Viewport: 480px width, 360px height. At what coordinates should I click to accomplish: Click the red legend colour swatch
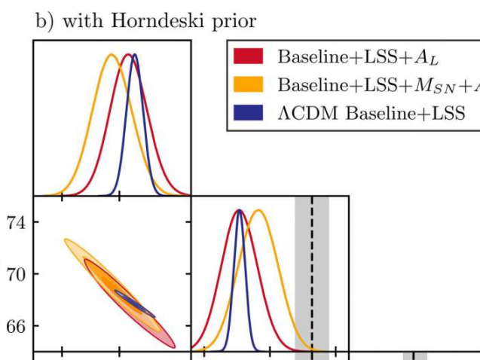249,56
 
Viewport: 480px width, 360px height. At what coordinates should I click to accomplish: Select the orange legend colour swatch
249,84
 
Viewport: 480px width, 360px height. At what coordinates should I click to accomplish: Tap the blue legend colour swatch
249,112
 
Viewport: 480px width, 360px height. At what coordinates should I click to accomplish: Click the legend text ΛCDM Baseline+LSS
371,113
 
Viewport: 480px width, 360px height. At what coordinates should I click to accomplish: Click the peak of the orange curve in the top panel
111,54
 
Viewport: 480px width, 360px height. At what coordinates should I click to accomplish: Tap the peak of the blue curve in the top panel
135,54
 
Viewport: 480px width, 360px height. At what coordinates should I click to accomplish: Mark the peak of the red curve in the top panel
129,54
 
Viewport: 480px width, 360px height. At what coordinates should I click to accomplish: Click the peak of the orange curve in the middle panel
258,210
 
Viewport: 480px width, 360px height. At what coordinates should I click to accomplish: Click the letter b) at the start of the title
44,21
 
